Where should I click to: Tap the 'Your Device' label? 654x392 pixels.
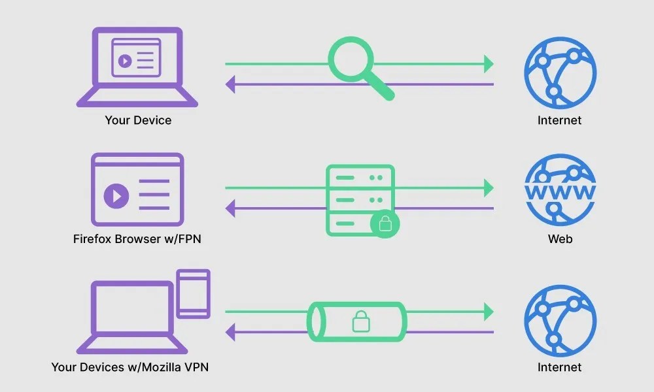coord(138,120)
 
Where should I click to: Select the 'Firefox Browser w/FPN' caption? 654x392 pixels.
coord(137,239)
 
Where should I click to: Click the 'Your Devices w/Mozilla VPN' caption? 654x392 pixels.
coord(130,367)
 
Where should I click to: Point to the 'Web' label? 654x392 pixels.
coord(560,239)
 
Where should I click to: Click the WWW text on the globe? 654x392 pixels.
coord(560,192)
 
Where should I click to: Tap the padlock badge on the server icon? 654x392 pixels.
coord(385,225)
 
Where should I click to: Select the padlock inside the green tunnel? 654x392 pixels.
coord(360,321)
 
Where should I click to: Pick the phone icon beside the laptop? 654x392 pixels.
coord(193,294)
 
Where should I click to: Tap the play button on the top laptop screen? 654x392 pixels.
coord(123,61)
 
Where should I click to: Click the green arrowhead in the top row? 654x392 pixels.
coord(488,64)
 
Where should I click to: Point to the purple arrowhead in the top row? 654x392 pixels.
coord(231,84)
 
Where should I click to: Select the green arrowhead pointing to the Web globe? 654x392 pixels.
coord(488,188)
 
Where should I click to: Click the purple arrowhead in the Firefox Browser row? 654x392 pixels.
coord(231,208)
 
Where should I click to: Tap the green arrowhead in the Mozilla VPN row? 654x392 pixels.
coord(488,312)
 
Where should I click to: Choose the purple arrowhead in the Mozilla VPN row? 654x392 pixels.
coord(231,332)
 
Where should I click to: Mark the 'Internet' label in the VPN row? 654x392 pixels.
coord(560,367)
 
